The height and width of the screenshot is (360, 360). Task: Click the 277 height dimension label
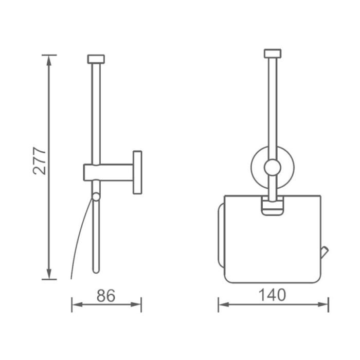coord(40,160)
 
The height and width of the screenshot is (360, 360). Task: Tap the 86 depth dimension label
coord(106,296)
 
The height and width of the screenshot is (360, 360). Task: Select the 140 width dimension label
coord(272,295)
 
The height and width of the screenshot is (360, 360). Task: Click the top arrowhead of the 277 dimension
coord(49,60)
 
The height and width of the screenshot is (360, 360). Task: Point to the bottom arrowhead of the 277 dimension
coord(49,274)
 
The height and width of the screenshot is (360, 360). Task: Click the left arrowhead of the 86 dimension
coord(77,304)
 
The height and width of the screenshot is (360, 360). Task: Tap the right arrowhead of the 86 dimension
coord(136,304)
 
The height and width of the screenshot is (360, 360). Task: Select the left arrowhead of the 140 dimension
coord(224,304)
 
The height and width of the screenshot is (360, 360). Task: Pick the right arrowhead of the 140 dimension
coord(323,304)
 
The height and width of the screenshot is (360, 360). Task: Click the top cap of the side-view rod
coord(96,59)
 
